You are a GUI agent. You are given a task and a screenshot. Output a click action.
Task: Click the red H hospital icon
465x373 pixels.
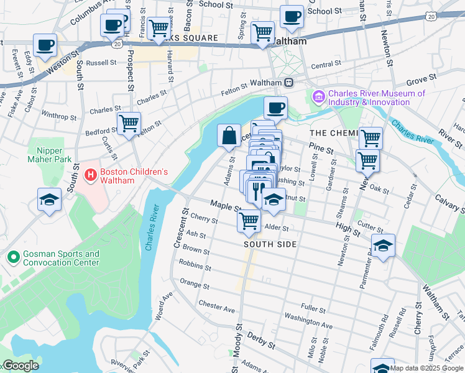click(x=90, y=175)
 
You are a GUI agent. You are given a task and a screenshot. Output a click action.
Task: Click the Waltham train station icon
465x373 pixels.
click(x=289, y=83)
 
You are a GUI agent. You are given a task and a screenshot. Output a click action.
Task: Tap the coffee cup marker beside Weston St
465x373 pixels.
click(x=46, y=45)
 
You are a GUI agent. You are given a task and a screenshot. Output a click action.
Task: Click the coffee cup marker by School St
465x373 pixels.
click(x=291, y=17)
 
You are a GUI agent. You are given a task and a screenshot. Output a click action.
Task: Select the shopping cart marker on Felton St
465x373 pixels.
click(x=129, y=122)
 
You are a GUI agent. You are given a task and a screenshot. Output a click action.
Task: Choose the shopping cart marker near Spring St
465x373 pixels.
click(x=263, y=31)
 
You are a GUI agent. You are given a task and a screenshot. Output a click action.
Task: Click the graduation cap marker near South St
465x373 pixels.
click(x=49, y=200)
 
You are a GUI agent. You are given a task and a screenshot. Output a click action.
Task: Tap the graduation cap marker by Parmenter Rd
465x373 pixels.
click(x=383, y=246)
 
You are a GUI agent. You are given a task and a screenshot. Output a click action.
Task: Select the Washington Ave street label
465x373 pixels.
click(x=309, y=323)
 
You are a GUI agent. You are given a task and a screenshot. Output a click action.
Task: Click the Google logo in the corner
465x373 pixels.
click(x=20, y=366)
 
